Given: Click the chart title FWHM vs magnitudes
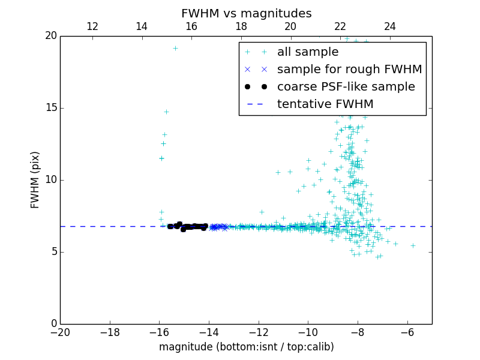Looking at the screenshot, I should point(246,13).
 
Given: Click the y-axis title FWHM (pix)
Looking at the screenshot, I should point(35,180).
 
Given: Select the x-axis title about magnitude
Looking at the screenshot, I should point(246,347).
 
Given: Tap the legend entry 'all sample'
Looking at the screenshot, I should point(308,52).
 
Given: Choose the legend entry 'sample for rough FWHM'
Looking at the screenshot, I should point(349,70).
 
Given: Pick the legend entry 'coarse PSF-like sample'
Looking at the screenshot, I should point(346,87).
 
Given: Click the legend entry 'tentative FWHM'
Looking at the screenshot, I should point(325,104).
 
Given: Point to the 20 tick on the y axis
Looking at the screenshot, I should point(50,36).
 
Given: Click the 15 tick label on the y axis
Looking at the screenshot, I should point(50,108).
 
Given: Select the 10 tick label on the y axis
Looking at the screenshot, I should point(50,180).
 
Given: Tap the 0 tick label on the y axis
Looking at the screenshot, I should point(53,324).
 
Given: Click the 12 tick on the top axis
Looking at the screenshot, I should point(92,26).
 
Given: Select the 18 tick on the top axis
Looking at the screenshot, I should point(241,26).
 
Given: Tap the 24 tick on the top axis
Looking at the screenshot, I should point(390,26).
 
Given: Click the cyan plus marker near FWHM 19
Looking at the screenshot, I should point(175,49).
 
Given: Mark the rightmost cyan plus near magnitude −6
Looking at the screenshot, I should point(413,245).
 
